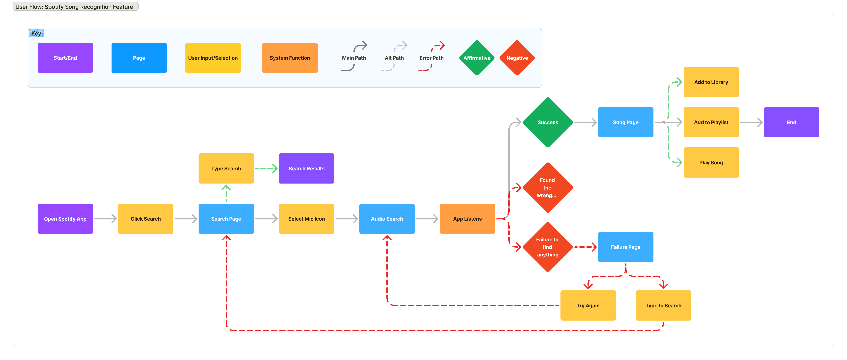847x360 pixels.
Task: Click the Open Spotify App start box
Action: (x=65, y=219)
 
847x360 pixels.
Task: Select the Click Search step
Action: (x=146, y=219)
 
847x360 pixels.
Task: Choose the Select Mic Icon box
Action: (x=306, y=219)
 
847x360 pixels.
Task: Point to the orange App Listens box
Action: (x=467, y=219)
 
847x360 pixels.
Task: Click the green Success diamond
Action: (x=547, y=122)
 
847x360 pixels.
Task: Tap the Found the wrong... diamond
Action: (x=547, y=188)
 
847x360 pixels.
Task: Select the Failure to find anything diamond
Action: (x=547, y=247)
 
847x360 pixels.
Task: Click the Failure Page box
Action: (x=625, y=247)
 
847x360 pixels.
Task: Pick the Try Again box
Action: (x=588, y=305)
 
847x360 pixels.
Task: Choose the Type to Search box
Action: (x=663, y=305)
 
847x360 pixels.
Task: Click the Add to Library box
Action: (x=711, y=82)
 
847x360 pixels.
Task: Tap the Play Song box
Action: (x=711, y=162)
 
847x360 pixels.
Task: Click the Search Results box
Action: (x=306, y=168)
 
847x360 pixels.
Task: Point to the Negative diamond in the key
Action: (x=517, y=58)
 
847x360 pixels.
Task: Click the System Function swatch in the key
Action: (x=290, y=58)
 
